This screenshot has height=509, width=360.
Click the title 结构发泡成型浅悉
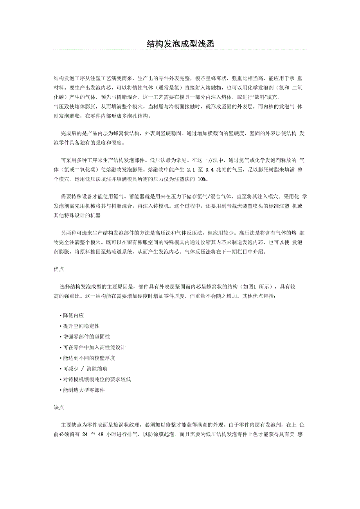(x=180, y=44)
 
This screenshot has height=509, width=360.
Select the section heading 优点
(x=59, y=269)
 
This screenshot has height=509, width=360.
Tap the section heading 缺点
(x=59, y=407)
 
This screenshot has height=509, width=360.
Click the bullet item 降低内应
(x=73, y=315)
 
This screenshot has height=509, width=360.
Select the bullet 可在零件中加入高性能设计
(x=94, y=347)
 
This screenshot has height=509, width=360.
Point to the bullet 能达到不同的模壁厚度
(x=89, y=358)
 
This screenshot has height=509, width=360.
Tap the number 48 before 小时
(x=101, y=434)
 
